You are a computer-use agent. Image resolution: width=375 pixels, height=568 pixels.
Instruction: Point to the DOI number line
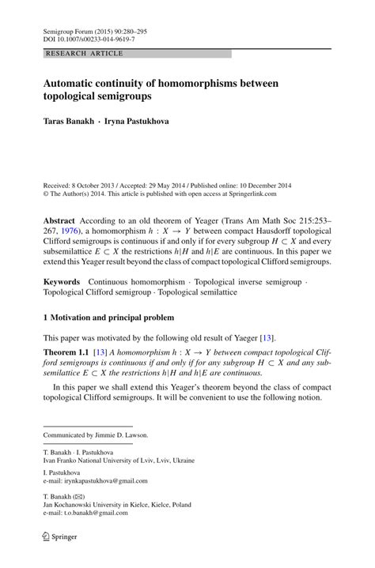(x=79, y=37)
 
